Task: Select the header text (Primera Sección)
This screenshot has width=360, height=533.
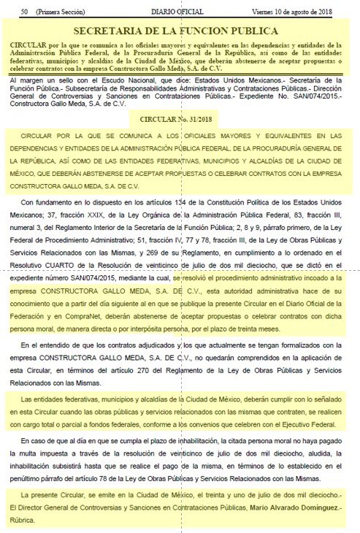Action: [62, 12]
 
